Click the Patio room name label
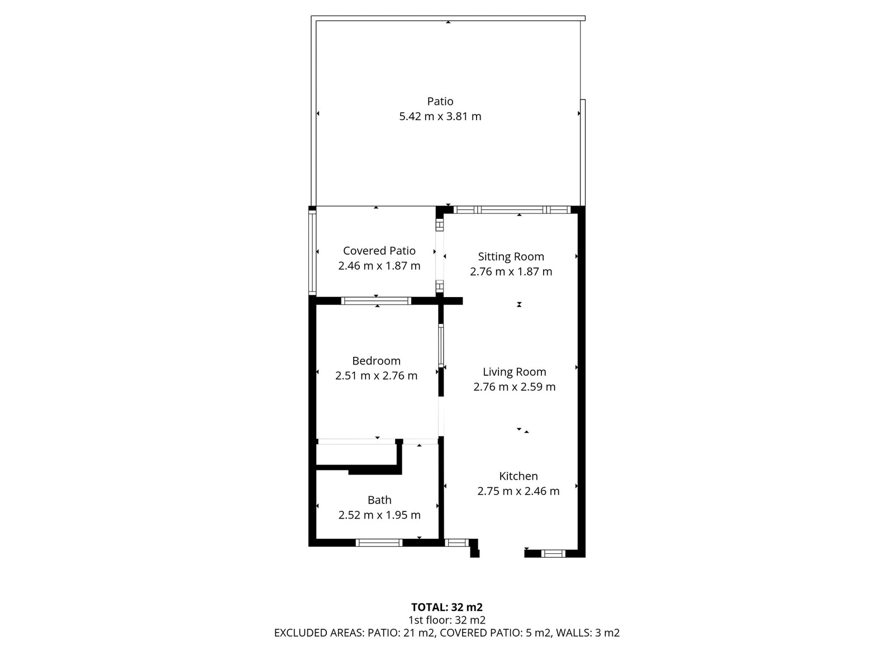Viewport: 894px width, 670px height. click(440, 101)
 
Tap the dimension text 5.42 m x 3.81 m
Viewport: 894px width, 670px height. click(440, 116)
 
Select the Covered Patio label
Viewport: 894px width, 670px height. click(379, 251)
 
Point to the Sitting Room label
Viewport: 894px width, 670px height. click(511, 257)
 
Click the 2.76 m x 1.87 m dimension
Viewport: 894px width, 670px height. click(511, 271)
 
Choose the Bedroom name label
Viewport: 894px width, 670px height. click(376, 361)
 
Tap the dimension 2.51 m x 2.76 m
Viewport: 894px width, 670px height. click(376, 375)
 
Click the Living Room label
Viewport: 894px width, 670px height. click(514, 372)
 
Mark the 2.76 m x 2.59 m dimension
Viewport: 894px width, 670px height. click(514, 386)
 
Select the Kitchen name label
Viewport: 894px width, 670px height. click(518, 476)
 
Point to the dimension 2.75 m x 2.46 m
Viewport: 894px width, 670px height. click(518, 491)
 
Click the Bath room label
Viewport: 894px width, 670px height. click(379, 500)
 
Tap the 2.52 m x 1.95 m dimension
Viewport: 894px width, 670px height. click(379, 515)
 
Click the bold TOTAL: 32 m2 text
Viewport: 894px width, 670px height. click(447, 607)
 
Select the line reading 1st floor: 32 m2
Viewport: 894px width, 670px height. click(447, 620)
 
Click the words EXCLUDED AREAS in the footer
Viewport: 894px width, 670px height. click(318, 633)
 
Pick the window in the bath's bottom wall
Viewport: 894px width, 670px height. click(379, 543)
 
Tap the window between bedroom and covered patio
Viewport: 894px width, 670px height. click(376, 301)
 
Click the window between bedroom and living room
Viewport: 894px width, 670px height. click(441, 346)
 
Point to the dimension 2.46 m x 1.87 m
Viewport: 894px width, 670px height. click(379, 266)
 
